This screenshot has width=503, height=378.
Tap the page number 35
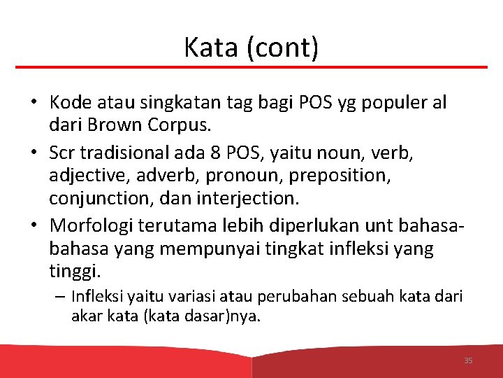468,360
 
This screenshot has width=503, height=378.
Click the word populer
393,103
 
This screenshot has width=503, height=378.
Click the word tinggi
75,271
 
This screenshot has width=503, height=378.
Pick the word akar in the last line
86,316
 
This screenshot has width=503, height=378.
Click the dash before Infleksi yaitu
60,296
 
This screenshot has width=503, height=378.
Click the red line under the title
251,67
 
